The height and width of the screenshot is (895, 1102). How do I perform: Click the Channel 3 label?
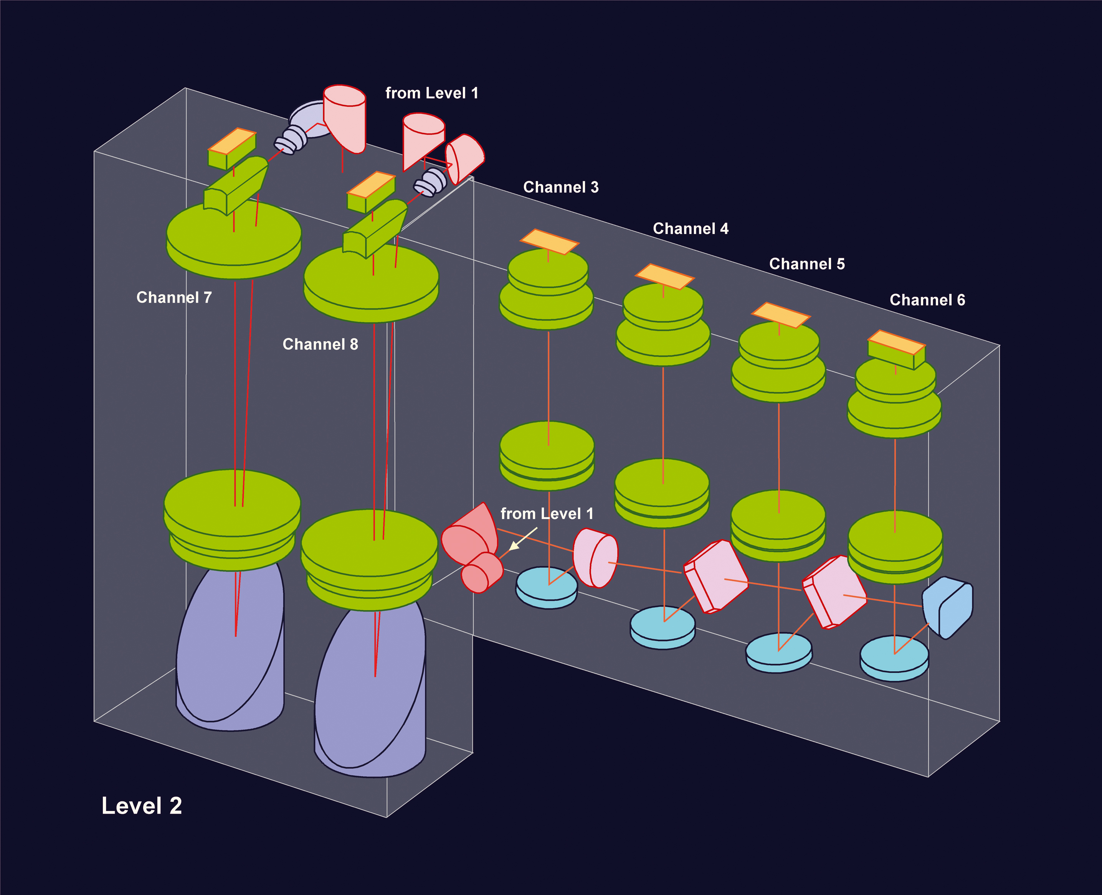(561, 187)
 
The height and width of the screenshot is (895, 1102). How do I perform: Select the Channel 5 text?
(807, 264)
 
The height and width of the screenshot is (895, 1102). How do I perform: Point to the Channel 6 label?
(927, 300)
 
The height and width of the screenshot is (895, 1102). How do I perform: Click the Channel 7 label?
(174, 297)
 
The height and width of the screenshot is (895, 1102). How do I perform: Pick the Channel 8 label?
(320, 344)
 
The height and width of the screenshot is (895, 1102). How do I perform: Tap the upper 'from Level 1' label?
(432, 93)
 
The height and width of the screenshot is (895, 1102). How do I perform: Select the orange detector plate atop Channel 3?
(549, 242)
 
